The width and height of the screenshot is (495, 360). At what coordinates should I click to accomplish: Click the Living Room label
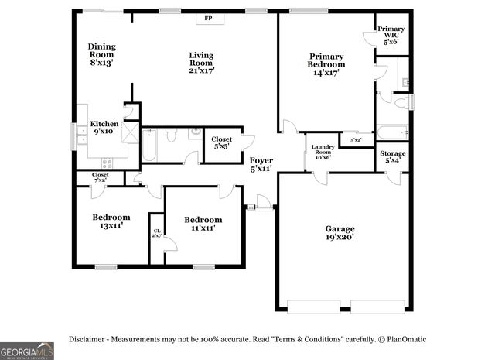201,63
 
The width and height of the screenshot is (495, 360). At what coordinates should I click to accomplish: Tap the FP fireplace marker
209,18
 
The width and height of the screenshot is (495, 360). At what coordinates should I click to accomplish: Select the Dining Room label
101,54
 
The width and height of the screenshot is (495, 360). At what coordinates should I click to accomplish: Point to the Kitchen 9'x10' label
104,128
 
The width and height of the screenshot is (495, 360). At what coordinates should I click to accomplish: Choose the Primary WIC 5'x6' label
391,36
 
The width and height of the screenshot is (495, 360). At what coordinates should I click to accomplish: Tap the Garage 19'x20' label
340,233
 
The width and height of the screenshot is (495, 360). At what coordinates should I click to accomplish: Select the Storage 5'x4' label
392,157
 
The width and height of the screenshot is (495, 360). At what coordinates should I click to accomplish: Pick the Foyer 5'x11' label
261,163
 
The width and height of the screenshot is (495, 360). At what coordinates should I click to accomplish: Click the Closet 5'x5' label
222,143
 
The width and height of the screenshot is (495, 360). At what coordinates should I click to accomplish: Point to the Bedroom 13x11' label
111,221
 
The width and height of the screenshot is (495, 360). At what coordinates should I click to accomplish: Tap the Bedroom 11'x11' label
203,224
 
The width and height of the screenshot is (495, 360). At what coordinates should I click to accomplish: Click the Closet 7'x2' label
101,177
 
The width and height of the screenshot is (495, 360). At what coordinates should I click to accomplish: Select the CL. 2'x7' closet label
156,233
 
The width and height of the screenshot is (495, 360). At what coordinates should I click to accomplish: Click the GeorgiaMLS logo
27,351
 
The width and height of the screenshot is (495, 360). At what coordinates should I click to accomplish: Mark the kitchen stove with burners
106,163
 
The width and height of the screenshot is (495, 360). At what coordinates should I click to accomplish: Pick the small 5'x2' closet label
356,140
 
